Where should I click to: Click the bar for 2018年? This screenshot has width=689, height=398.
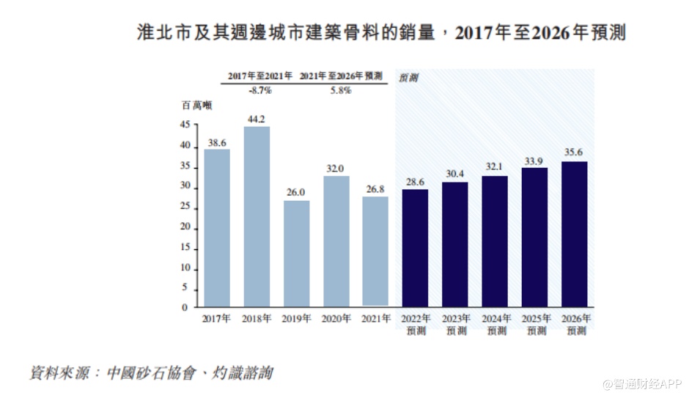pyautogui.click(x=257, y=216)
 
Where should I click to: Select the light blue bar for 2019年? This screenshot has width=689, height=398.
pyautogui.click(x=296, y=253)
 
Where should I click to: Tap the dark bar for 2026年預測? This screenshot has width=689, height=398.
pyautogui.click(x=574, y=234)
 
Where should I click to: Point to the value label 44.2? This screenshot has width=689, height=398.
pyautogui.click(x=257, y=119)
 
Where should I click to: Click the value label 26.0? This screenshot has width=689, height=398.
pyautogui.click(x=296, y=192)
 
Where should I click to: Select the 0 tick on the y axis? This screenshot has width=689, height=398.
pyautogui.click(x=187, y=308)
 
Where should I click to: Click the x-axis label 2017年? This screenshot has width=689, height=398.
pyautogui.click(x=217, y=320)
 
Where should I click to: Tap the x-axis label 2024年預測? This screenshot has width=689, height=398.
pyautogui.click(x=495, y=325)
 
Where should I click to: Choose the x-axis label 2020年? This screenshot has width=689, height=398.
pyautogui.click(x=336, y=320)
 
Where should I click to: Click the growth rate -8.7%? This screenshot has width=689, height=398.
pyautogui.click(x=259, y=90)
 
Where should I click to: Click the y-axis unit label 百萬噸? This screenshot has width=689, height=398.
pyautogui.click(x=196, y=106)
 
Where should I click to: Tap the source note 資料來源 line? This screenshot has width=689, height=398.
pyautogui.click(x=150, y=373)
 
